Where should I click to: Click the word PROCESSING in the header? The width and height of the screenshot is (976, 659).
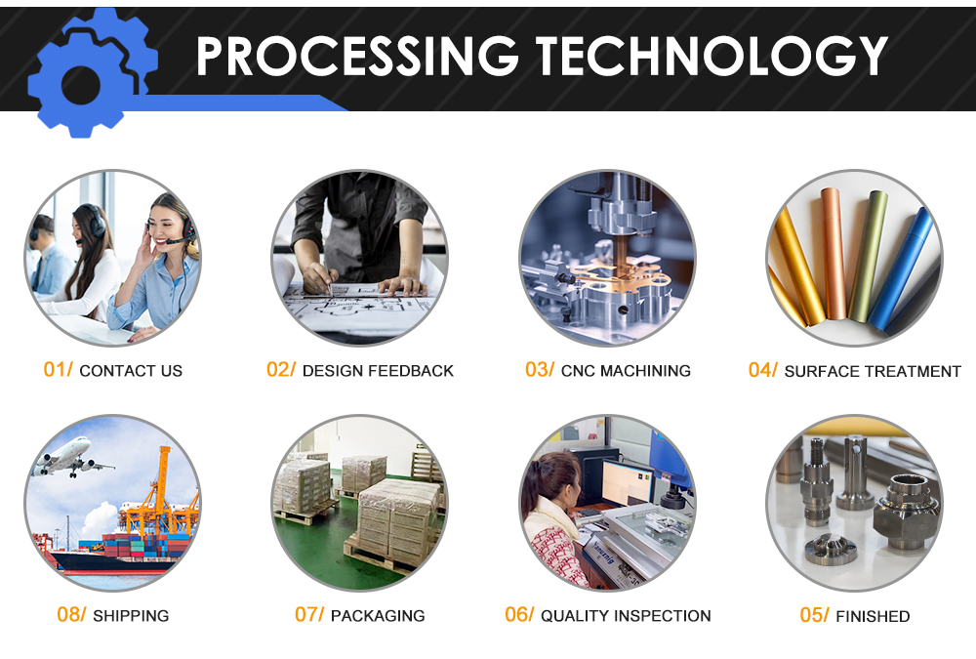[357, 56]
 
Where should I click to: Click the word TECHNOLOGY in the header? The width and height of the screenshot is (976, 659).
[712, 56]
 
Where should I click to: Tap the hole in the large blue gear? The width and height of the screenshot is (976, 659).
[81, 85]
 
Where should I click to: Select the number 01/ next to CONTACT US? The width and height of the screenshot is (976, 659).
[58, 369]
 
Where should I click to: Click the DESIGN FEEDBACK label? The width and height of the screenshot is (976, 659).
[378, 371]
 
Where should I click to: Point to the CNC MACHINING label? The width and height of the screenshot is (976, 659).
[626, 371]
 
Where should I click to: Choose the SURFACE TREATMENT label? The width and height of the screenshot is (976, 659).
[873, 371]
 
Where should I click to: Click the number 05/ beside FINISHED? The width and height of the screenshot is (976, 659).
[814, 615]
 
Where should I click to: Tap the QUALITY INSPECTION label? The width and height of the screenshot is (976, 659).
[626, 615]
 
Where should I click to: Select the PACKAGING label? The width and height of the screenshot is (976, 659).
[378, 615]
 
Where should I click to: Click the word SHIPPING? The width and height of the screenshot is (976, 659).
[131, 615]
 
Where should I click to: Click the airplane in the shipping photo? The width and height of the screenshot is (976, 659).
[69, 458]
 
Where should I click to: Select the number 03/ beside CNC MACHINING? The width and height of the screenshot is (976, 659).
[539, 369]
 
